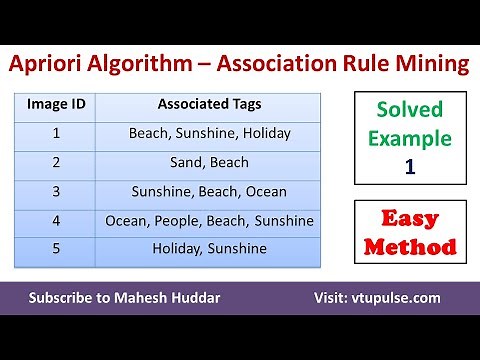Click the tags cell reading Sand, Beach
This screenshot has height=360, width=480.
(x=209, y=161)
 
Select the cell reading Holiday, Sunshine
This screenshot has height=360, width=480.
(x=209, y=249)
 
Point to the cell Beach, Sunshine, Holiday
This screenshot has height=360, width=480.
(x=209, y=132)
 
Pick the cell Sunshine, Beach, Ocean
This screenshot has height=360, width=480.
(x=209, y=191)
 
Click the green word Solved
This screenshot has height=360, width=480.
(x=410, y=111)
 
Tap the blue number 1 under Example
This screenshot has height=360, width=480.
(x=410, y=166)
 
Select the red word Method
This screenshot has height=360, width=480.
(x=410, y=245)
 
